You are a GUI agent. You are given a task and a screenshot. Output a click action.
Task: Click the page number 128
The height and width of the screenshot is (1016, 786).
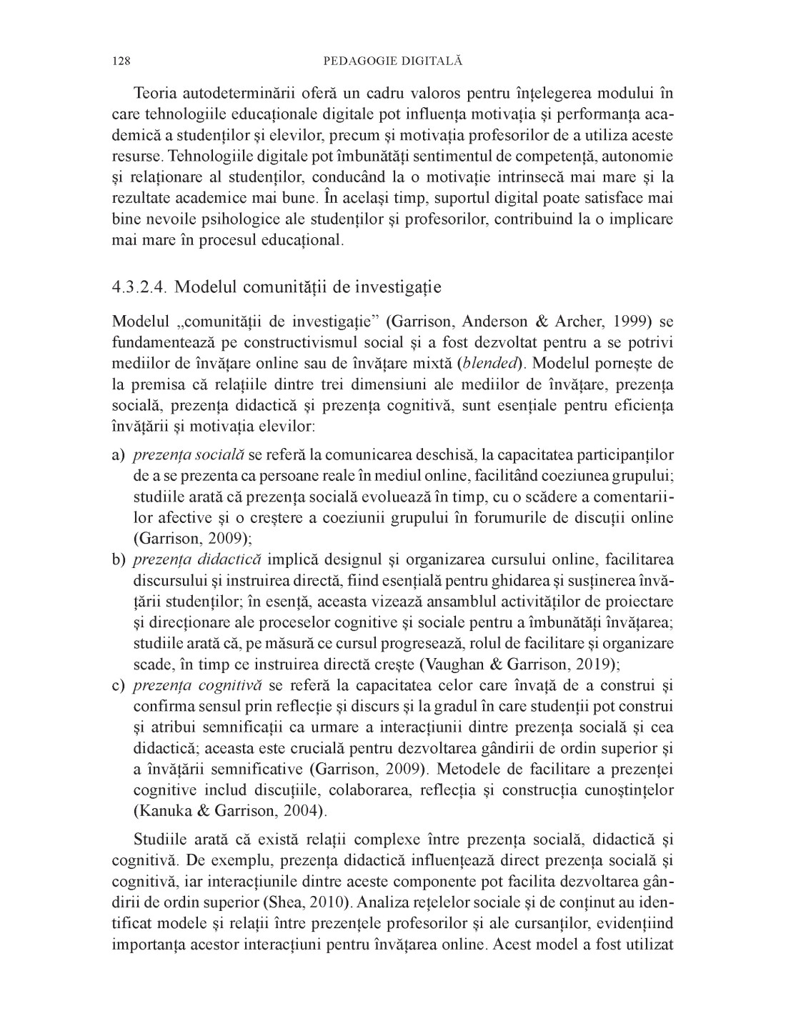click(x=121, y=61)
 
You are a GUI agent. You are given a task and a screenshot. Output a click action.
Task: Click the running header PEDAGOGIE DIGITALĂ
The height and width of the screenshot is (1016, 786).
click(x=393, y=61)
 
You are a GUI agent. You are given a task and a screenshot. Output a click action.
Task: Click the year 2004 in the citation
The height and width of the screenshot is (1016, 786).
click(x=302, y=811)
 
